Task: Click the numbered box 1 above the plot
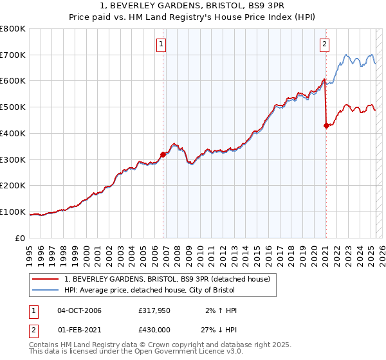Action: coord(160,44)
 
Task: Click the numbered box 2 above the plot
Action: coord(324,44)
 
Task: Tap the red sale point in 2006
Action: coord(163,154)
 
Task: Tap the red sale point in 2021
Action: coord(326,125)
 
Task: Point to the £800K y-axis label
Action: coord(13,29)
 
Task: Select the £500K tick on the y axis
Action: coord(13,107)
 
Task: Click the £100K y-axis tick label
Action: coord(13,212)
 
